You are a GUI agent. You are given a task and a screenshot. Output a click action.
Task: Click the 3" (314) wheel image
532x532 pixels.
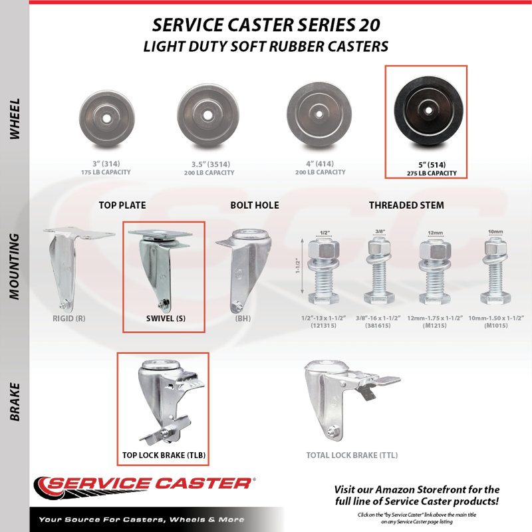tap(106, 118)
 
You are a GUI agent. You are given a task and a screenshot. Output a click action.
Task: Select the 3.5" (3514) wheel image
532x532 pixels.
tap(208, 115)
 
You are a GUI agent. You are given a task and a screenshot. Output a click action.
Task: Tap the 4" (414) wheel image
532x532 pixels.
tap(319, 114)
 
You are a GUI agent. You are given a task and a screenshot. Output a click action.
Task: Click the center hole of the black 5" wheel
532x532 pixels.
tap(428, 110)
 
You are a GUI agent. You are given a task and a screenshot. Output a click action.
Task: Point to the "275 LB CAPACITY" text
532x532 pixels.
tap(432, 173)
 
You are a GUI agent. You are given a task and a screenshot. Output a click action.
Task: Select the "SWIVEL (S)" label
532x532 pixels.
tap(166, 319)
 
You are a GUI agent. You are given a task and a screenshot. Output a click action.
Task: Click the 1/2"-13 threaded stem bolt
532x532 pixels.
tap(324, 271)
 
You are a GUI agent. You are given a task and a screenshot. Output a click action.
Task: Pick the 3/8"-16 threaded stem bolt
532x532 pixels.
tap(378, 271)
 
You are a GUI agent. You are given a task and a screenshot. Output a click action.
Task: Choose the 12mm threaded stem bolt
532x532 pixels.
tap(435, 272)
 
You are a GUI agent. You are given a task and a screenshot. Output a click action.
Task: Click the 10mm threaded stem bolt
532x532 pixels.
tap(495, 271)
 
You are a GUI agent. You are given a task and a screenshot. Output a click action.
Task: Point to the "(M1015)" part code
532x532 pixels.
tap(495, 326)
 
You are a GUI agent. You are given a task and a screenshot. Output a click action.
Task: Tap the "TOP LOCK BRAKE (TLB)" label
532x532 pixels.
tap(164, 456)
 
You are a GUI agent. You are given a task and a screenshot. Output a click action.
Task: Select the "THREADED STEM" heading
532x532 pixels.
tap(406, 205)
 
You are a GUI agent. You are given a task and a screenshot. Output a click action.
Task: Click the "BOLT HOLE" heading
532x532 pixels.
tap(255, 205)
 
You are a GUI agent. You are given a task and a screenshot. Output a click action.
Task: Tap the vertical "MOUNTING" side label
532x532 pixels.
tap(14, 267)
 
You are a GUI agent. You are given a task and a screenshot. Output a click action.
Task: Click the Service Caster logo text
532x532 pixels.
tap(149, 484)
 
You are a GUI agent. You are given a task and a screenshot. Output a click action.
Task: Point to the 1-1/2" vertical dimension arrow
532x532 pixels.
tap(303, 267)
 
